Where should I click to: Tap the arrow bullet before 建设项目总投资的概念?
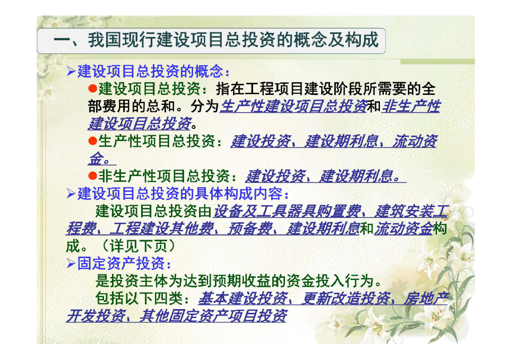pos(71,71)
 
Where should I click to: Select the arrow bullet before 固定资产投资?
pos(71,263)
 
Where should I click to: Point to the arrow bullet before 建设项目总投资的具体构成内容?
pos(71,194)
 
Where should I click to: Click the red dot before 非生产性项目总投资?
pos(93,176)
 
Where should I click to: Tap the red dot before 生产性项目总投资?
pos(93,141)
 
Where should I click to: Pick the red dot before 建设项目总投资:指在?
pos(93,89)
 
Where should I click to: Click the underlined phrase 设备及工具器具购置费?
pos(287,211)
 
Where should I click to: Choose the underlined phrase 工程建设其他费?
pos(162,228)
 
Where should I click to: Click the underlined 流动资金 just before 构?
pos(403,228)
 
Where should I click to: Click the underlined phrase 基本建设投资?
pos(243,298)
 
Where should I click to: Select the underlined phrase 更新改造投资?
pos(345,298)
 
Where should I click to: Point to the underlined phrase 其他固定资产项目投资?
pos(213,315)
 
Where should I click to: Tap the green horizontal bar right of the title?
pos(437,62)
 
